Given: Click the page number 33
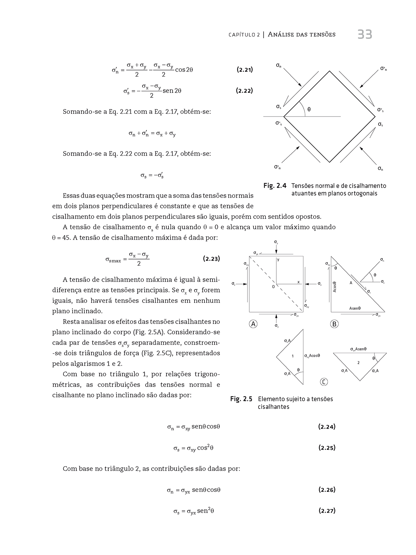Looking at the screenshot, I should point(365,35).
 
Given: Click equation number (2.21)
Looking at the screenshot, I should point(244,70).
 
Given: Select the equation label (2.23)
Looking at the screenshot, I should point(211,258).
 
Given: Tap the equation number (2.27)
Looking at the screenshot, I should point(327,511).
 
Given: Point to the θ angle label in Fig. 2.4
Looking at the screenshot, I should point(309,109).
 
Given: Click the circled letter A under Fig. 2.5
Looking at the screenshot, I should point(253,324).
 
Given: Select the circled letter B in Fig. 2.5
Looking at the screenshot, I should point(335,324).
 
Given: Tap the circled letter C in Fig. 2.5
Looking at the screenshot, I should point(323,382).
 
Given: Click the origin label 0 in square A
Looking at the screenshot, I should point(273,287).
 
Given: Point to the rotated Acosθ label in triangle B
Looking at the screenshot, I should point(335,287).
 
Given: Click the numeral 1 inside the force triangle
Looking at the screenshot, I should point(293,356).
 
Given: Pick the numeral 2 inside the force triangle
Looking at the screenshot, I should point(358,362).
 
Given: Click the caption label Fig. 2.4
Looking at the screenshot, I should point(275,186).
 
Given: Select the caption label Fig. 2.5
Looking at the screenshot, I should point(241,399).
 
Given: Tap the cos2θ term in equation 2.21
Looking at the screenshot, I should point(184,70).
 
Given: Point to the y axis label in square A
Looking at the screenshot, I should point(278,259).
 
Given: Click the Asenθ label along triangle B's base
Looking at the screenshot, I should point(355,308).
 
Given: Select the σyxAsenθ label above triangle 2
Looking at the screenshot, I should point(358,349).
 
